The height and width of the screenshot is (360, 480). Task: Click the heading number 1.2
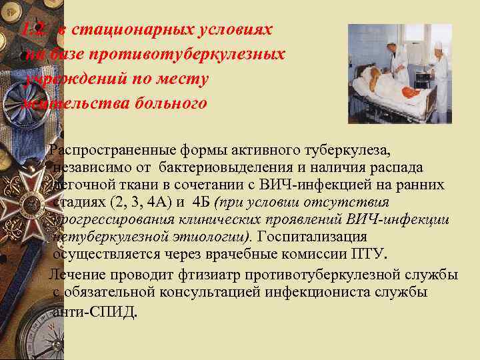coord(32,31)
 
